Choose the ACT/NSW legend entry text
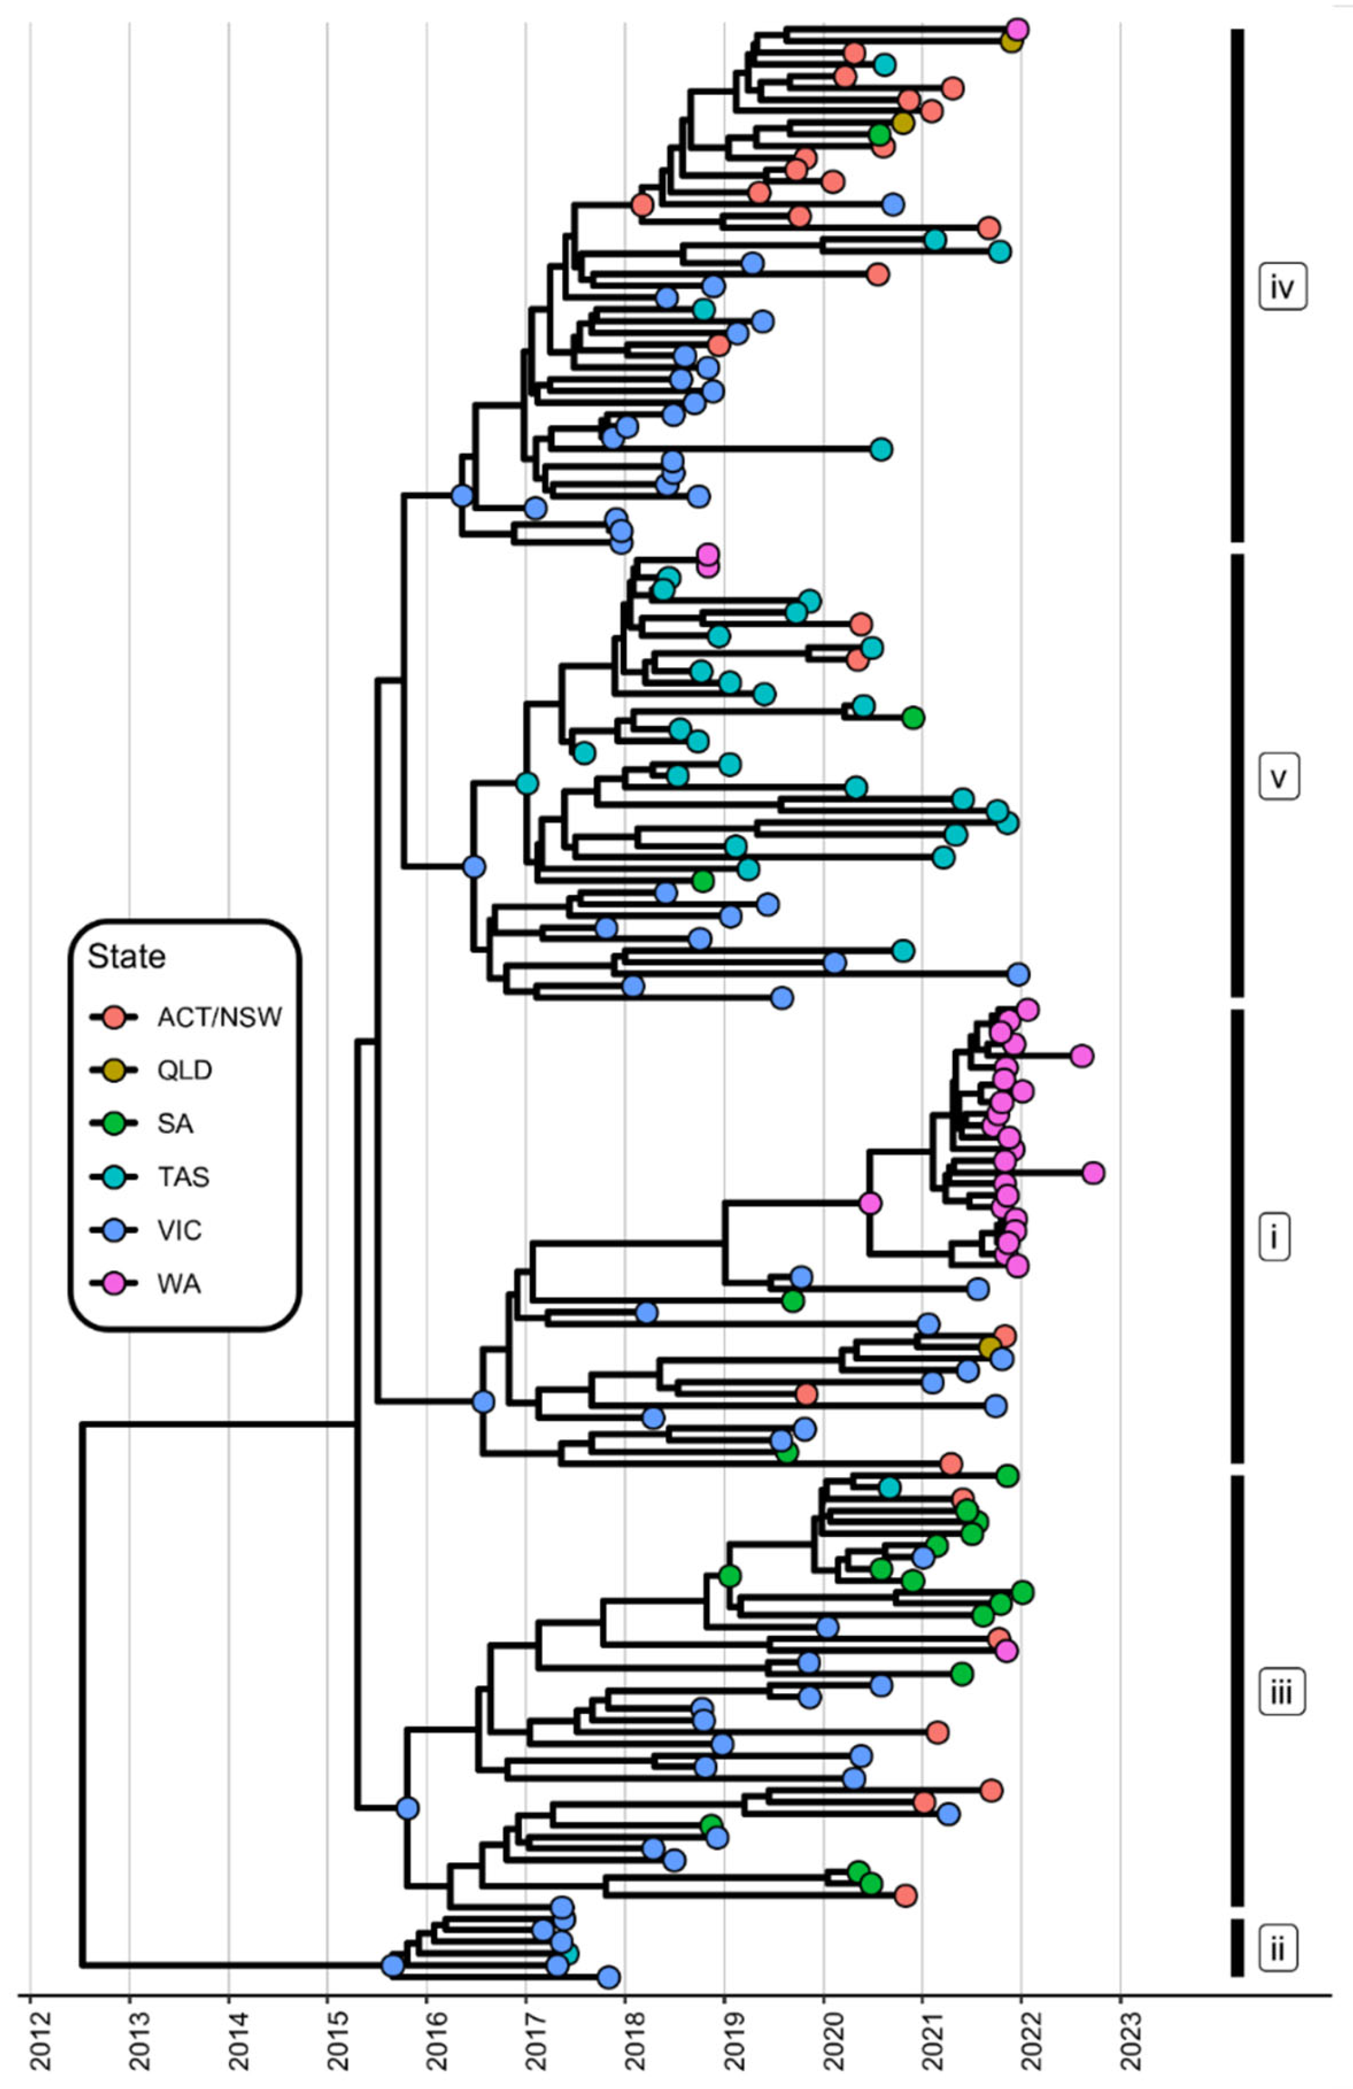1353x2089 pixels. pos(220,1017)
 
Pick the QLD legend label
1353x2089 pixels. pos(184,1070)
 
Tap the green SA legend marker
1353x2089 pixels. pos(114,1123)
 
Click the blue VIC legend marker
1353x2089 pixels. pos(114,1231)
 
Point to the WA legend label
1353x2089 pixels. pos(179,1284)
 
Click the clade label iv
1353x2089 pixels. pos(1282,287)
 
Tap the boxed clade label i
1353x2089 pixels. pos(1274,1238)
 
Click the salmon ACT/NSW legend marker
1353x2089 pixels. pos(114,1017)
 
